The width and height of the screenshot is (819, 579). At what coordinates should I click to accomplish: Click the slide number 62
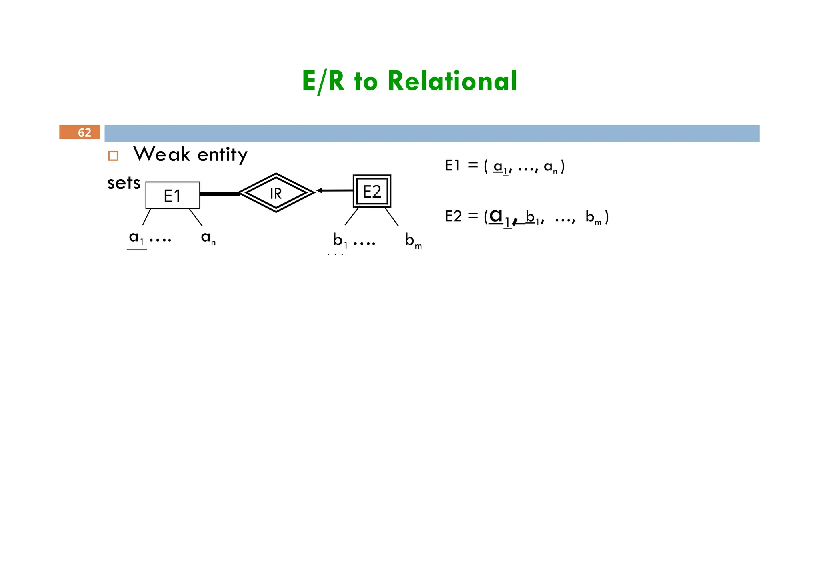tap(84, 132)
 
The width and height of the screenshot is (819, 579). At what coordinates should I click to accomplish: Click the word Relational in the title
tap(452, 81)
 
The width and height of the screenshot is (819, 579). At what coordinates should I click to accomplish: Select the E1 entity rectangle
tap(173, 195)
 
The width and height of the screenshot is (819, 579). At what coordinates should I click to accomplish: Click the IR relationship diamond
tap(276, 193)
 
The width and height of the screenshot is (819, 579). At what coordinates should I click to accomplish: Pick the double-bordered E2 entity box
tap(372, 192)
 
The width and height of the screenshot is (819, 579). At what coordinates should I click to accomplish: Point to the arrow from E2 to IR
tap(335, 190)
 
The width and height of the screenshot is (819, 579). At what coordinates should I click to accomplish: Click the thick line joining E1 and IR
tap(219, 194)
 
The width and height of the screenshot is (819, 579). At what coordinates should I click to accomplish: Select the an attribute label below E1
tap(208, 238)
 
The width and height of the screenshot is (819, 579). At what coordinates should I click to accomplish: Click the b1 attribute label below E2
tap(340, 240)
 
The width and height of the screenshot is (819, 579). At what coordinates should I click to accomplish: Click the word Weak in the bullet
tap(162, 154)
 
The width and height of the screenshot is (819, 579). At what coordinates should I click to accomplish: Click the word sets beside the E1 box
tap(124, 183)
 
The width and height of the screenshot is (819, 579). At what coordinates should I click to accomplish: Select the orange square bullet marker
tap(113, 156)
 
